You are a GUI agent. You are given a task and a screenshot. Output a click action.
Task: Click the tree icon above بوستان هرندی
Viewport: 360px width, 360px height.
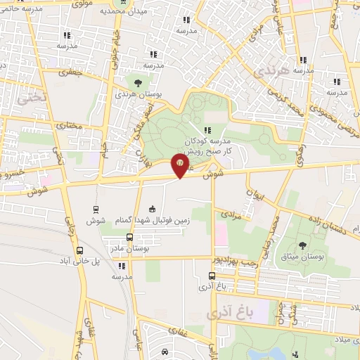click(x=136, y=83)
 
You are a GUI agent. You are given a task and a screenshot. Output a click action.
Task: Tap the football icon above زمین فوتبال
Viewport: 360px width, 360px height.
click(x=152, y=209)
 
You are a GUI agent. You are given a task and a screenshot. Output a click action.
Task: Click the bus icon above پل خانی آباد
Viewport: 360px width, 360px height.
click(x=79, y=250)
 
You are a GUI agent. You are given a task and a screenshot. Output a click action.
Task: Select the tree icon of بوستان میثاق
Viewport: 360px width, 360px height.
click(x=302, y=245)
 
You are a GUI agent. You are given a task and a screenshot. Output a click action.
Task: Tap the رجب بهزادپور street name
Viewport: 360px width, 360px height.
click(x=236, y=260)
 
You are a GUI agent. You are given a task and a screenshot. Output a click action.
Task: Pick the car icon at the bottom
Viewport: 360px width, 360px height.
click(x=165, y=352)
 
